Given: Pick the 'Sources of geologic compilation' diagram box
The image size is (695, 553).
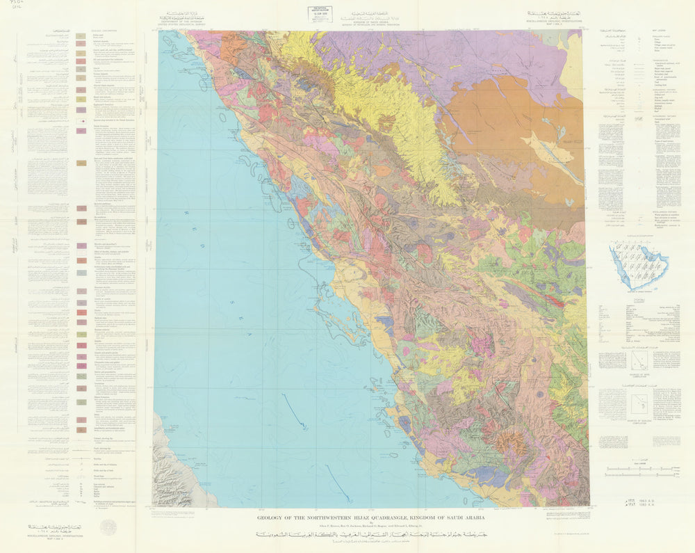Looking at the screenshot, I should [640, 403].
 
